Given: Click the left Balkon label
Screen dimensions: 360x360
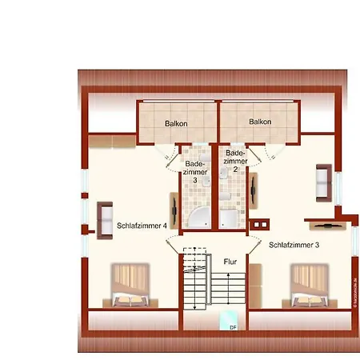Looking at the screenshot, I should [176, 123].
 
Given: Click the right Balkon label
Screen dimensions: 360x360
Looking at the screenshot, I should [260, 122].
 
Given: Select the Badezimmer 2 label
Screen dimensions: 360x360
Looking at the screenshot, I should [235, 161].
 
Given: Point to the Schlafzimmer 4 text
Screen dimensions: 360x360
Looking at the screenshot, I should [142, 226].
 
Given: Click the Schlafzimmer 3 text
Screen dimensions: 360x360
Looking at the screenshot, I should [294, 245].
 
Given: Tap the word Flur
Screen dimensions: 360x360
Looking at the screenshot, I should [230, 260].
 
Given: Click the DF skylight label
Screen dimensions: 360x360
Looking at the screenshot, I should [233, 327].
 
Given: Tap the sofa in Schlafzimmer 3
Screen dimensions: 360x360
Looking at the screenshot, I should [324, 181].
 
